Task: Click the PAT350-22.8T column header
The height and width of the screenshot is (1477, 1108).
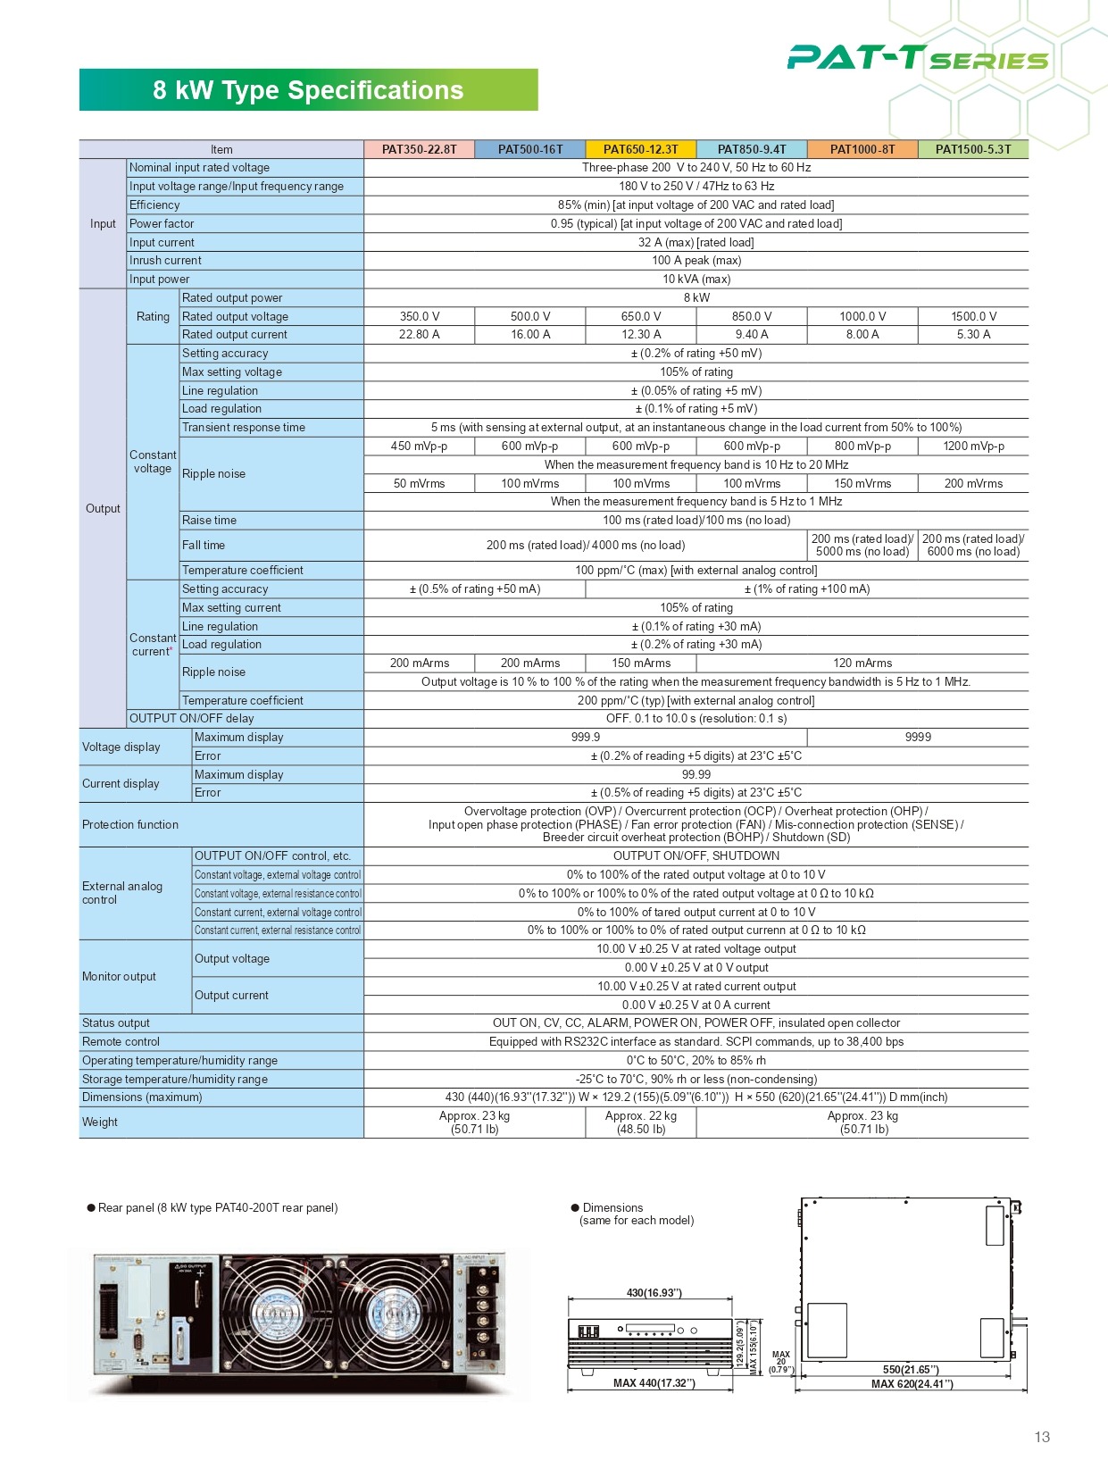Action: pyautogui.click(x=419, y=149)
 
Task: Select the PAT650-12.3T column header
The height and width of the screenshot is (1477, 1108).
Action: pyautogui.click(x=640, y=149)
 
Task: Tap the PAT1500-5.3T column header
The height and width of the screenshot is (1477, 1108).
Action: pyautogui.click(x=973, y=149)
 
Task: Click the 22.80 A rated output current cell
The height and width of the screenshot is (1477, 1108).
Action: pyautogui.click(x=419, y=335)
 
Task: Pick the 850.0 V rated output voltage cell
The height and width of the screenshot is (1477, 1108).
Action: pyautogui.click(x=752, y=316)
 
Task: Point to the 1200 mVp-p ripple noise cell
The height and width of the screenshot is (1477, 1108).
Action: pyautogui.click(x=973, y=446)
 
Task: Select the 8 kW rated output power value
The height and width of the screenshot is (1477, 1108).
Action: pyautogui.click(x=696, y=297)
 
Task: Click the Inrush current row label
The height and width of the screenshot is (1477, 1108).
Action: pyautogui.click(x=165, y=261)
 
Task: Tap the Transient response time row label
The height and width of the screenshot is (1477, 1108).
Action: pyautogui.click(x=244, y=428)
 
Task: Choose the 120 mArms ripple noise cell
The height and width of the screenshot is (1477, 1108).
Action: pyautogui.click(x=862, y=663)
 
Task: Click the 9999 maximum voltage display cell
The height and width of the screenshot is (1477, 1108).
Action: pyautogui.click(x=918, y=738)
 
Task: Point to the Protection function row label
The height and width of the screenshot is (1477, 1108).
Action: pyautogui.click(x=130, y=825)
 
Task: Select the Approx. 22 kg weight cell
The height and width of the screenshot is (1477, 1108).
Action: pyautogui.click(x=640, y=1122)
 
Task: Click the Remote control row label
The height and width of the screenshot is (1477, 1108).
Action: pyautogui.click(x=121, y=1042)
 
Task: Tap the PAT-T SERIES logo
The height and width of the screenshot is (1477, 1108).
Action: pyautogui.click(x=917, y=59)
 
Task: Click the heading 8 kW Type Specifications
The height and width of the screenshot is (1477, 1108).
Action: pyautogui.click(x=308, y=90)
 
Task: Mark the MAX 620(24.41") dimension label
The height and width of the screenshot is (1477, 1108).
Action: pyautogui.click(x=912, y=1384)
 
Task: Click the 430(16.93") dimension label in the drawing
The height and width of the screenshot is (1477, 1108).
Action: pyautogui.click(x=654, y=1293)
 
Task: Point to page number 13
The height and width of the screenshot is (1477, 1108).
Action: pyautogui.click(x=1042, y=1437)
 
